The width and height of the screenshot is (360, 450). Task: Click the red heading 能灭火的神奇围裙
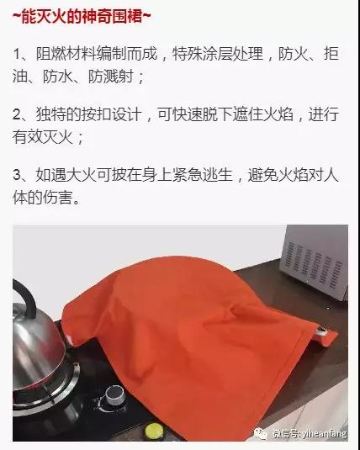[x=82, y=16]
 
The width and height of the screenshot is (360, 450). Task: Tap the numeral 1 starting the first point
[x=17, y=54]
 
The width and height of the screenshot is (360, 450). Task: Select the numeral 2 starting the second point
[x=17, y=114]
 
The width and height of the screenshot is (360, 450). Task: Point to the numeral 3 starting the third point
[x=17, y=175]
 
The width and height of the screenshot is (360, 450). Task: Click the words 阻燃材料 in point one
[x=66, y=54]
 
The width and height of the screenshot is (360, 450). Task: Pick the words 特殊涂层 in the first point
[x=202, y=54]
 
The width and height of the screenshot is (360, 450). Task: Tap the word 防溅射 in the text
[x=110, y=77]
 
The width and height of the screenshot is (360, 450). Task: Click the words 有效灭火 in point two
[x=43, y=137]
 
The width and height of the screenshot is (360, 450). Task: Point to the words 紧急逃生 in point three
[x=202, y=174]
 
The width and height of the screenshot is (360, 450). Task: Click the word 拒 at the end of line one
[x=331, y=54]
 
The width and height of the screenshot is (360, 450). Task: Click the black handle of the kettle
[x=24, y=295]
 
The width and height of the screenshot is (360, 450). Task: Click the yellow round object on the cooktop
[x=154, y=431]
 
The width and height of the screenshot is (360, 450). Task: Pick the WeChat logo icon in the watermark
[x=261, y=433]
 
